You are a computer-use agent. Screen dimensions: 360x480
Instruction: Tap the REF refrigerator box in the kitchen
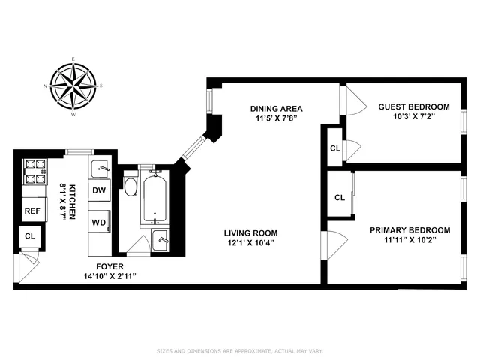[32, 211]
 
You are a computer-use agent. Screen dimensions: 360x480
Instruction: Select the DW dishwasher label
[99, 190]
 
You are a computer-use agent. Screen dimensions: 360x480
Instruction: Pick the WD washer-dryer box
[99, 223]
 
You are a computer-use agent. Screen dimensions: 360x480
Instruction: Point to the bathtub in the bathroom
[156, 197]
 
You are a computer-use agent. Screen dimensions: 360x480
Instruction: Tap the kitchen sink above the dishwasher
[100, 168]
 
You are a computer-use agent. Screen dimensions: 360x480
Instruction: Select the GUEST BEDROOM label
[413, 106]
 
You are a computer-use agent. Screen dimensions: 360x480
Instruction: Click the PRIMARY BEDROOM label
[409, 230]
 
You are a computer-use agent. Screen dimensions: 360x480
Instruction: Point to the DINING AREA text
[276, 108]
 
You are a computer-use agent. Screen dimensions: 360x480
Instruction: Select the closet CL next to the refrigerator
[30, 237]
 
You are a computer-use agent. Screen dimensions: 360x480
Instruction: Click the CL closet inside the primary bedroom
[339, 198]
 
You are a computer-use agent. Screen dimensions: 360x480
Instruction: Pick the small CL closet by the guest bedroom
[333, 148]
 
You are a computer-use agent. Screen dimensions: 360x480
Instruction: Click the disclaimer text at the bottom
[239, 349]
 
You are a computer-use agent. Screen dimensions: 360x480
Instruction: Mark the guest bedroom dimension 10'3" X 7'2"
[413, 117]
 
